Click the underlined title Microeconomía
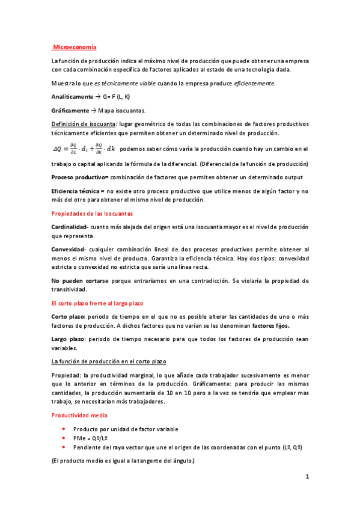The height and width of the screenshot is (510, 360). click(x=75, y=46)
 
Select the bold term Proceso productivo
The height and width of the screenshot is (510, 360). click(x=79, y=177)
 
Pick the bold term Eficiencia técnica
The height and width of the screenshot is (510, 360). click(x=78, y=191)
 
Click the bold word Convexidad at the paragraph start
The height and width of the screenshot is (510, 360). click(x=69, y=249)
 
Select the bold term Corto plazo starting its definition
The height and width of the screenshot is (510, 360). click(x=69, y=316)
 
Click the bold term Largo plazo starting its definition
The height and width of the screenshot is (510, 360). click(x=68, y=339)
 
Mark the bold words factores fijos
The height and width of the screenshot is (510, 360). click(x=270, y=325)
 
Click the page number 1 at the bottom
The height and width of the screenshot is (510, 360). click(x=307, y=477)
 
